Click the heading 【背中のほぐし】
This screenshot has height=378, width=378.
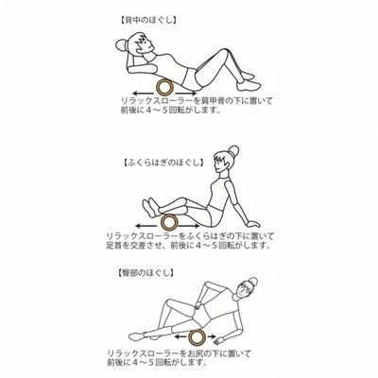tap(148, 21)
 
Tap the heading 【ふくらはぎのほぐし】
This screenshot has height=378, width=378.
tap(163, 163)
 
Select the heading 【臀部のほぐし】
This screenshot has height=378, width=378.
tap(146, 272)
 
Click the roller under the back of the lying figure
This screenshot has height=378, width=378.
tap(165, 87)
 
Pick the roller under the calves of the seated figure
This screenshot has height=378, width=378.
tap(169, 223)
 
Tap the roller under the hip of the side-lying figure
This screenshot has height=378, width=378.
tap(198, 337)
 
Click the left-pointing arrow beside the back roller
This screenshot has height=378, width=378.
tap(144, 94)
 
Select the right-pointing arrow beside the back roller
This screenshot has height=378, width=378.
tap(186, 94)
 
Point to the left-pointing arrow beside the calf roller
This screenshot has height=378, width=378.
tap(147, 226)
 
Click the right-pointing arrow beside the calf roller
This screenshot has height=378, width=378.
tap(189, 226)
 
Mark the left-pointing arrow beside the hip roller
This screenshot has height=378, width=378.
tap(181, 336)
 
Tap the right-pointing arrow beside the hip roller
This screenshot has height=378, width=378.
tap(212, 336)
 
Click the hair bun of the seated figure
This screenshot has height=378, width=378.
tap(233, 151)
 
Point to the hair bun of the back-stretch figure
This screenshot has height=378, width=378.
tap(121, 44)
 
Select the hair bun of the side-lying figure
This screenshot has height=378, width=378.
tap(252, 283)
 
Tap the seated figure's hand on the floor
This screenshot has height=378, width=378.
tap(254, 223)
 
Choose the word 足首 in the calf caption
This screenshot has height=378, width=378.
tap(113, 246)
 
